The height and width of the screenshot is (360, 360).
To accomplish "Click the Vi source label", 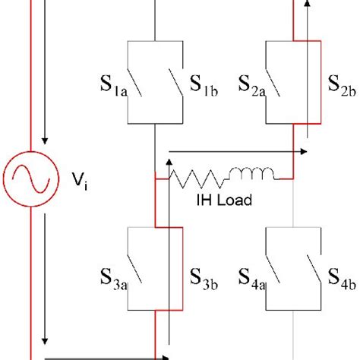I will (x=78, y=181).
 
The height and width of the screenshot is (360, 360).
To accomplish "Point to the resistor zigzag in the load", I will (x=198, y=179).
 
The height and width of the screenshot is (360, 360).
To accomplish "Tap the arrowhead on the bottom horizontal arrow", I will (x=163, y=355).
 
